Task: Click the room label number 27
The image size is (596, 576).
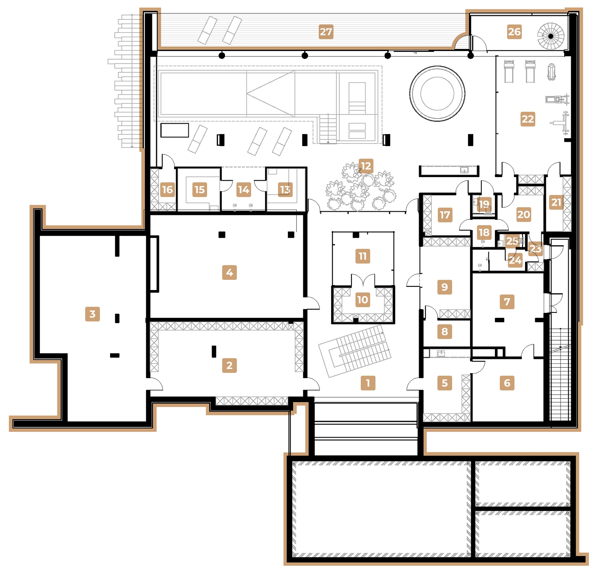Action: [326, 32]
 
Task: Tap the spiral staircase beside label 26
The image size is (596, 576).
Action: [550, 36]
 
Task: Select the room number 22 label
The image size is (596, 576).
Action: [528, 119]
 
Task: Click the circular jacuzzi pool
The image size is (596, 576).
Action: [437, 93]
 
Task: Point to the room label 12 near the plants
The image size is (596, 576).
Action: [366, 166]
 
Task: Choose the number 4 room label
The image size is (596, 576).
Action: [230, 272]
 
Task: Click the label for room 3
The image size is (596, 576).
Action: [93, 314]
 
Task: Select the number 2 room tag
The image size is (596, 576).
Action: [230, 366]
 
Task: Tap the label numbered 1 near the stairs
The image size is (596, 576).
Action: [368, 383]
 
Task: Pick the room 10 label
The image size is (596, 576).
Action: [362, 300]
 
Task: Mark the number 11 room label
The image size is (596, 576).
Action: [362, 256]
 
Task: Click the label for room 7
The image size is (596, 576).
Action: [507, 302]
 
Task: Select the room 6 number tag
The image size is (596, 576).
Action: [507, 383]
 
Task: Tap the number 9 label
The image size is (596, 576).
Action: [444, 287]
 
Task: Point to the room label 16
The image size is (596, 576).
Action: [167, 190]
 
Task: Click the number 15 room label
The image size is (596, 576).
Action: [199, 190]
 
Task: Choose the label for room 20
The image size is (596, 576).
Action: [523, 215]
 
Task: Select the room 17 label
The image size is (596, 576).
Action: [444, 215]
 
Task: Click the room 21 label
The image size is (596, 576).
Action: [556, 202]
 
